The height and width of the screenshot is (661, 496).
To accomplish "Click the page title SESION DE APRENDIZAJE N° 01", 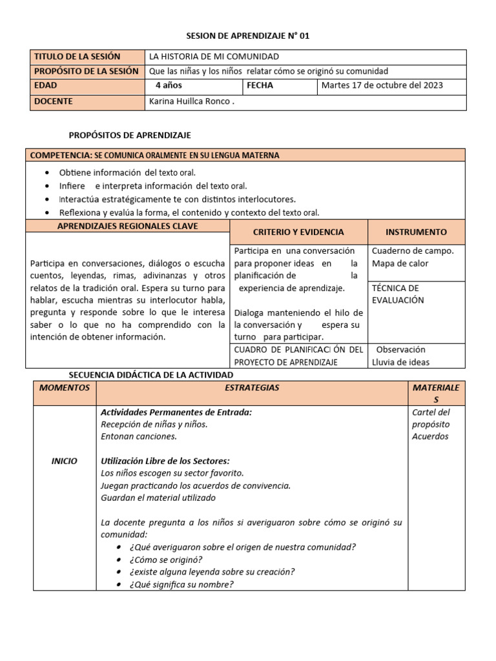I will (248, 36).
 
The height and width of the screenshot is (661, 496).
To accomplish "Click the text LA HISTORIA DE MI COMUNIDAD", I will (214, 57).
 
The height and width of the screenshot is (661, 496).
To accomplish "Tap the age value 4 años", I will (169, 85).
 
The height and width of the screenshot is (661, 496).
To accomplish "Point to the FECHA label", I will (260, 85).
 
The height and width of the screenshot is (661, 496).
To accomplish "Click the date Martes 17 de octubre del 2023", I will (383, 85).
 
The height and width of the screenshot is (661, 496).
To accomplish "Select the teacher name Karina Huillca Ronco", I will (192, 101).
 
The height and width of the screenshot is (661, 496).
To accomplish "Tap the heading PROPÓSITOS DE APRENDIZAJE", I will (130, 135).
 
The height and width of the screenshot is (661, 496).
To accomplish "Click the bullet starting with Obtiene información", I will (127, 172).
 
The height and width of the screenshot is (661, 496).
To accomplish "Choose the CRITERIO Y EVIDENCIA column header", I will (298, 232).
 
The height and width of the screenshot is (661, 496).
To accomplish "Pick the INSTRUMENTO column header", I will (416, 232).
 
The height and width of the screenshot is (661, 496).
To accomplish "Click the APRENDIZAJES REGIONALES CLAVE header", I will (128, 226).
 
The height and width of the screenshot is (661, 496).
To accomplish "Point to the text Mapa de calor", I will (400, 263).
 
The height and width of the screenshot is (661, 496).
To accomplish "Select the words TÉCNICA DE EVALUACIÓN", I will (398, 294).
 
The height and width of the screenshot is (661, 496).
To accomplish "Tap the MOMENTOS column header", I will (64, 387).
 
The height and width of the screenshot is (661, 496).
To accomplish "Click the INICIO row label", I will (64, 461).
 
